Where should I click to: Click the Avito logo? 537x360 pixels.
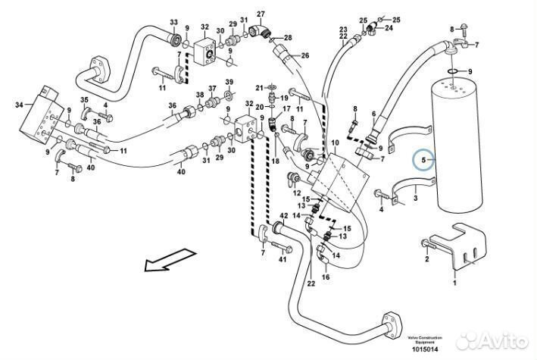point(501,337)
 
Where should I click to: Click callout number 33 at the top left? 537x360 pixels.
point(173,22)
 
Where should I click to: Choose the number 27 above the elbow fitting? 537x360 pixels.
point(261,14)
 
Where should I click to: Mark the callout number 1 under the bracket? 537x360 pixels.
point(454,283)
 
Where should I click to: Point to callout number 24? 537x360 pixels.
point(389,28)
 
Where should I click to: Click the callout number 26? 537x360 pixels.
point(305,55)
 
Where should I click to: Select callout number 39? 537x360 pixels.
point(229,82)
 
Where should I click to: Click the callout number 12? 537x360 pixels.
point(298,193)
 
